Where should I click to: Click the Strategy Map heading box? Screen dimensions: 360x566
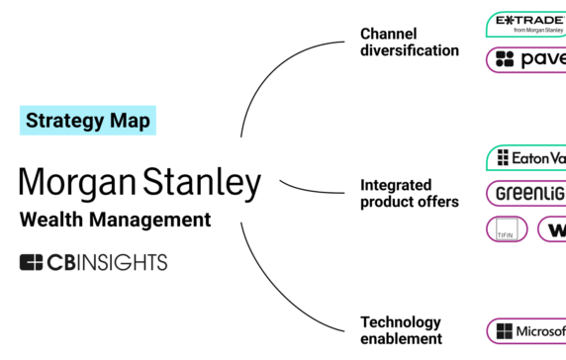click(x=88, y=121)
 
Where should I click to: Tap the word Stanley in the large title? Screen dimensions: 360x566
click(x=203, y=183)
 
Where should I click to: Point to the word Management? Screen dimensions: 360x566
click(x=154, y=220)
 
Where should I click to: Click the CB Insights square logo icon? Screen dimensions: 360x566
click(x=32, y=262)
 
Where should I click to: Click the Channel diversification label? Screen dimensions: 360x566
click(x=410, y=42)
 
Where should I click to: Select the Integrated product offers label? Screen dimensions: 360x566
click(x=410, y=193)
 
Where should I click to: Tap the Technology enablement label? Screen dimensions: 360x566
click(x=401, y=330)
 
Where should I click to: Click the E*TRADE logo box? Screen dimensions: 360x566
click(x=526, y=24)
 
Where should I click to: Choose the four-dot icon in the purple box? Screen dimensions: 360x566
click(x=505, y=59)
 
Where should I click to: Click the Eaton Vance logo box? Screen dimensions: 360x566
click(x=526, y=157)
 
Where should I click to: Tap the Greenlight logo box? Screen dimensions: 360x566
click(x=526, y=193)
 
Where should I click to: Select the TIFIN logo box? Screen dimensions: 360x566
click(x=507, y=229)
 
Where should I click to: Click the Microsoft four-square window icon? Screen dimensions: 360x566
click(x=506, y=330)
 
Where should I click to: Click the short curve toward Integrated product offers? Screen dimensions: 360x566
click(x=312, y=189)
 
